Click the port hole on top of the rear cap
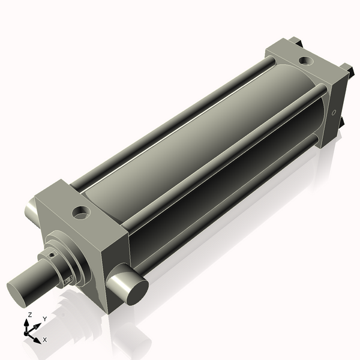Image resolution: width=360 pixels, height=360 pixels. (305, 61)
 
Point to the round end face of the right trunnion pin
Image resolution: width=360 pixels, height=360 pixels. (136, 290)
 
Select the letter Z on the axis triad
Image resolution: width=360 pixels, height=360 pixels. (30, 315)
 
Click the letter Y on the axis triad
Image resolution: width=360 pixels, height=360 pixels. (44, 319)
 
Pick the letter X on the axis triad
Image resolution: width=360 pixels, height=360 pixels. (45, 340)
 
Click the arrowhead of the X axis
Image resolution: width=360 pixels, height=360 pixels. (38, 338)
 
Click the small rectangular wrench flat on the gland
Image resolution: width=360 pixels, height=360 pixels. (68, 280)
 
